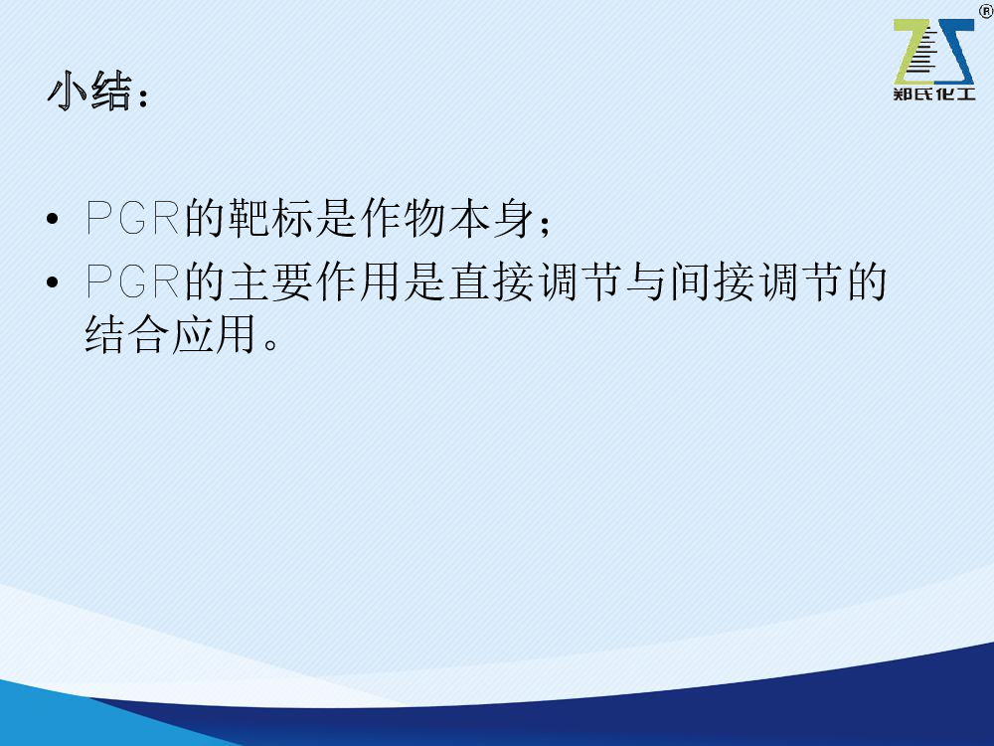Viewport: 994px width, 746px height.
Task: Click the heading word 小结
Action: pos(89,91)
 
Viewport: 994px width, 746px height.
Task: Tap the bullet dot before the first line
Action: pos(53,220)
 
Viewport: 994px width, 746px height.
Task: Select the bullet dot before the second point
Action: pos(53,282)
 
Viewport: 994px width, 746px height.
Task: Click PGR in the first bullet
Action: pos(132,218)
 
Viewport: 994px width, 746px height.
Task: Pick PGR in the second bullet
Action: pos(132,281)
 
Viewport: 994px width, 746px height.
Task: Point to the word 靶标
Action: pos(270,218)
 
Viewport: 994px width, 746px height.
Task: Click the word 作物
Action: pos(403,218)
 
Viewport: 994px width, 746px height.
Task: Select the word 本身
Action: pos(491,218)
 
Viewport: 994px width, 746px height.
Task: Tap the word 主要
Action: pos(270,281)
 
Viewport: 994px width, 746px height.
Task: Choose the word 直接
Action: pos(491,281)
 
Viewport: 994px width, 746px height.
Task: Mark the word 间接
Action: pos(712,281)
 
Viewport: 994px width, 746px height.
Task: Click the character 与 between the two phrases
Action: pos(646,281)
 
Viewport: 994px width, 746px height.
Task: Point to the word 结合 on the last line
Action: pos(127,333)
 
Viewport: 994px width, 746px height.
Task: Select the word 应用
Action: pos(215,333)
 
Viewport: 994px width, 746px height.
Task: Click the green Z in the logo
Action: pos(912,52)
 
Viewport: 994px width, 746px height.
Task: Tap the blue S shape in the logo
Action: pos(953,52)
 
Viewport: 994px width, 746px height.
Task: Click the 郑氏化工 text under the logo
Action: pos(933,93)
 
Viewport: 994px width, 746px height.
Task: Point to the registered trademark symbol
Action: pos(986,10)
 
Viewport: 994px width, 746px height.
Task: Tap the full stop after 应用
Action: pos(270,343)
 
